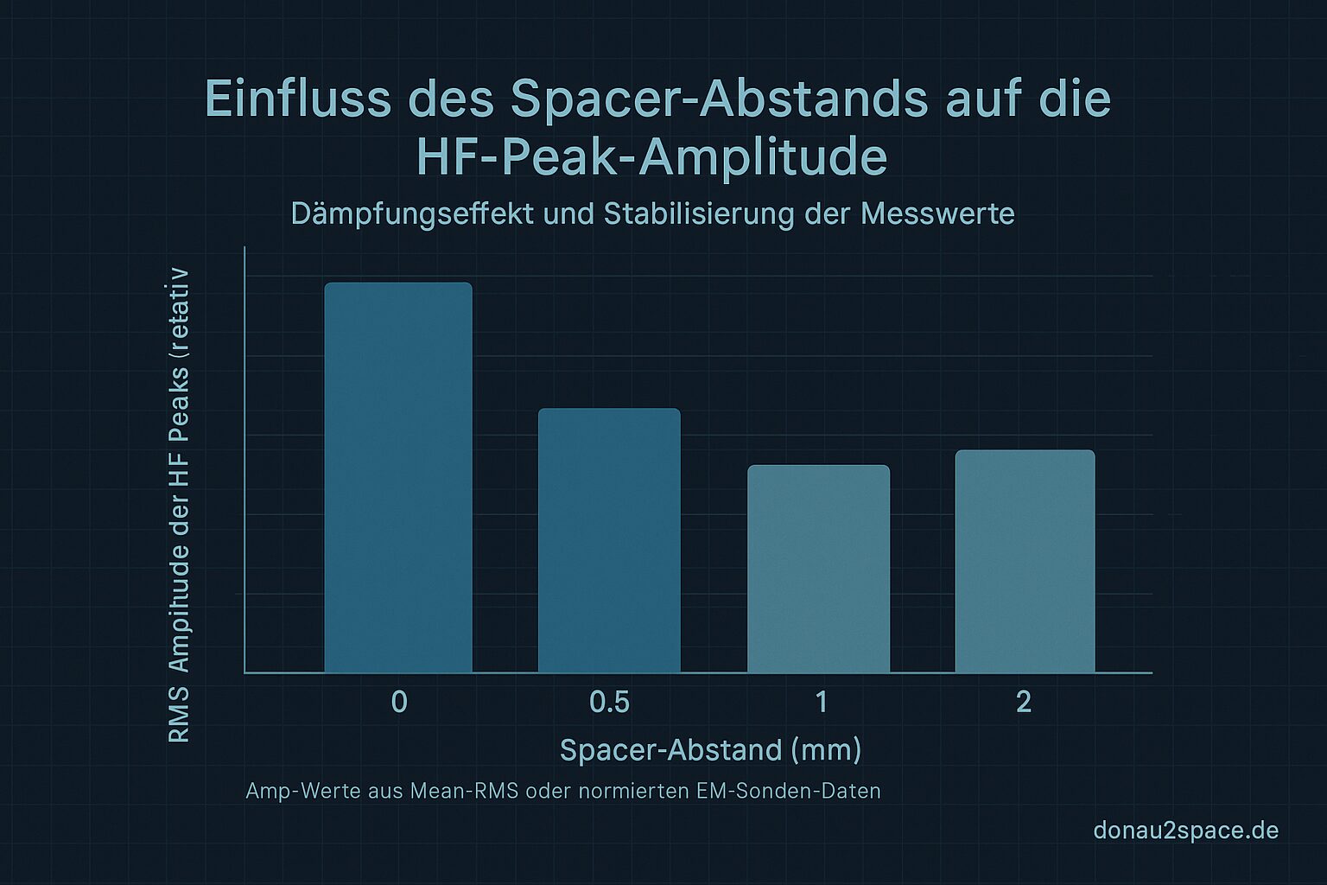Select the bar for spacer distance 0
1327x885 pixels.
coord(398,477)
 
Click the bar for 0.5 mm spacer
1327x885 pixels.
coord(609,540)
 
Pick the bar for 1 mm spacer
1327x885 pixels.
coord(818,569)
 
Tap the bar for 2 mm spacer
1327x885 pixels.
coord(1025,561)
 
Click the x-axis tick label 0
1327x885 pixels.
coord(399,702)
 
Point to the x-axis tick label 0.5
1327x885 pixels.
coord(609,702)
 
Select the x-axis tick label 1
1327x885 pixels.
coord(821,702)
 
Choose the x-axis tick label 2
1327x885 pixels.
coord(1024,702)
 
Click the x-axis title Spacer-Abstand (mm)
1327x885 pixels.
coord(710,749)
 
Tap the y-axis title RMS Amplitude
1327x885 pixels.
coord(179,506)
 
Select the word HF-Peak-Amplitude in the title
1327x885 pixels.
coord(651,157)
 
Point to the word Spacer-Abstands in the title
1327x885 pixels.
coord(718,99)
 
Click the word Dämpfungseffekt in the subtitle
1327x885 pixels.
coord(412,213)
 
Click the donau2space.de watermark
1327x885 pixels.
coord(1185,831)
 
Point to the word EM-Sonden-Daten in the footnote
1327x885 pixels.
coord(788,791)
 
